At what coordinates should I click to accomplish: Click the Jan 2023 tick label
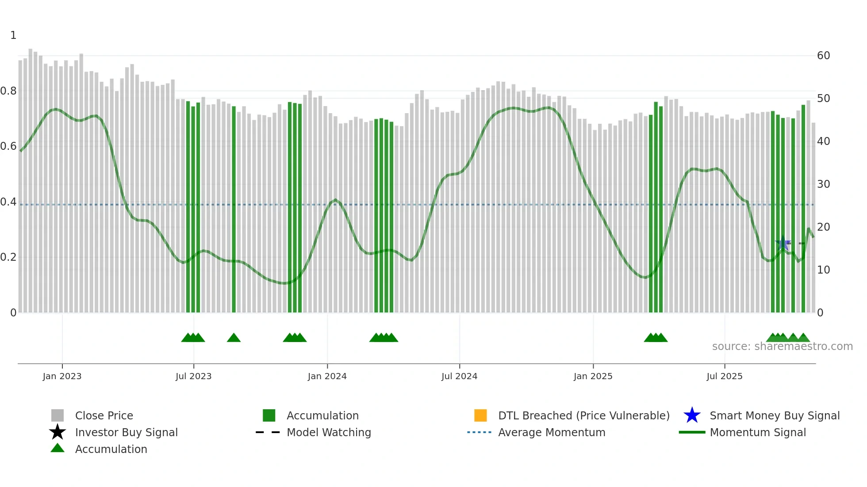point(62,376)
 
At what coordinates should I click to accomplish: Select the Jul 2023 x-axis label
point(193,376)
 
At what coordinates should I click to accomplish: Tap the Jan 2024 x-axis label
point(327,376)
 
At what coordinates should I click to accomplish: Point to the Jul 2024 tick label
point(459,376)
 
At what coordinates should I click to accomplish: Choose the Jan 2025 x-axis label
point(593,376)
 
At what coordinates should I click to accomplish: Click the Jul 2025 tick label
point(724,376)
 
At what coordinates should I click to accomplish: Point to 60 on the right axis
point(823,56)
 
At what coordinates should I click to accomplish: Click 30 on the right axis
point(823,184)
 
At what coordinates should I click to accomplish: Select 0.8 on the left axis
point(9,91)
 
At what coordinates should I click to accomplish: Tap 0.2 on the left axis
point(9,257)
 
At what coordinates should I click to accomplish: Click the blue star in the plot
point(783,243)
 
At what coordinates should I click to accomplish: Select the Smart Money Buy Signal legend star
point(692,415)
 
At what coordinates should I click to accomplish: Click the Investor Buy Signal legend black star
point(58,432)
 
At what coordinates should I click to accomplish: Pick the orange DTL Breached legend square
point(480,415)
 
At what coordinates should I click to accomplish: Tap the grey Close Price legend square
point(58,415)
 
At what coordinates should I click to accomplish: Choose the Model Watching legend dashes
point(268,432)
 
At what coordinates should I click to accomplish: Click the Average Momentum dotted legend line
point(480,432)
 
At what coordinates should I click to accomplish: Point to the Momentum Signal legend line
point(692,432)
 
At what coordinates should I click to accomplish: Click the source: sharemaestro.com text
point(782,346)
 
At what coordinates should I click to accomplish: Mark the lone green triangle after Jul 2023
point(234,338)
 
